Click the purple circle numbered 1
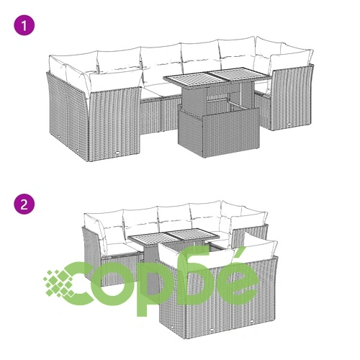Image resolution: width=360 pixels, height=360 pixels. pyautogui.click(x=24, y=25)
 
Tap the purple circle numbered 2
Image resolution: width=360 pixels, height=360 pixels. pyautogui.click(x=24, y=204)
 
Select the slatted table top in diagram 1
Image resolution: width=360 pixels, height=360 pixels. pyautogui.click(x=217, y=77)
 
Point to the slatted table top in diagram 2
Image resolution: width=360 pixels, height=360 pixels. pyautogui.click(x=174, y=235)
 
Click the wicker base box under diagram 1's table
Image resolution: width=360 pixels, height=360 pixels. pyautogui.click(x=219, y=132)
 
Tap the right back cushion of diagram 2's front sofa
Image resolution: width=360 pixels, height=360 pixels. pyautogui.click(x=258, y=251)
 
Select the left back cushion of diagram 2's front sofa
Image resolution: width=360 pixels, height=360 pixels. pyautogui.click(x=196, y=256)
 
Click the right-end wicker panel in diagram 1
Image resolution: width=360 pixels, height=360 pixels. pyautogui.click(x=292, y=98)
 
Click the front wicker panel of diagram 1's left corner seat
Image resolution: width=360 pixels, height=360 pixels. pyautogui.click(x=114, y=125)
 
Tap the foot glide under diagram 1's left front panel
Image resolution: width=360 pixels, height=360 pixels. pyautogui.click(x=118, y=152)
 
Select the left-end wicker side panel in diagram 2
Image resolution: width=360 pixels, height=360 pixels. pyautogui.click(x=92, y=254)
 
